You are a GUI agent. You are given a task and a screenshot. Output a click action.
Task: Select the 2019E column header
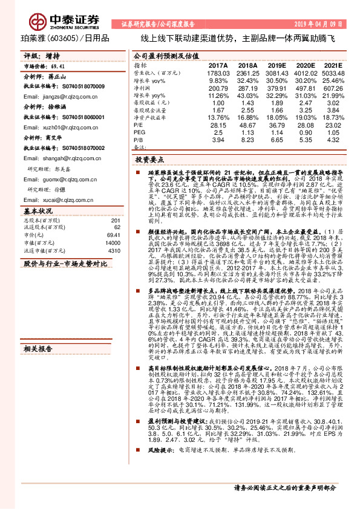coord(276,64)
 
